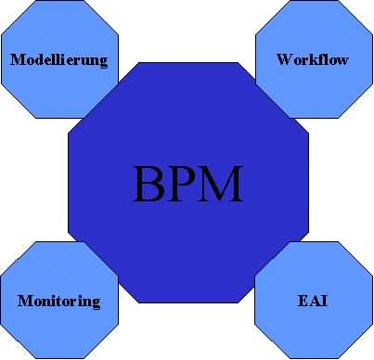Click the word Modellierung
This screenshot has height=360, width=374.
tap(58, 61)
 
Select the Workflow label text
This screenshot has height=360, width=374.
tap(313, 60)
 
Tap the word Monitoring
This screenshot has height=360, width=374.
tap(58, 302)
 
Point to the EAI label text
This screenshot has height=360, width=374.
tap(313, 302)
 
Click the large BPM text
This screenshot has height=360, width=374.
tap(187, 184)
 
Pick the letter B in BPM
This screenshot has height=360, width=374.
tap(149, 184)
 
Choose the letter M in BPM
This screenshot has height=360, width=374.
tap(222, 184)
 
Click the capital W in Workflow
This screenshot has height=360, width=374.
tap(284, 60)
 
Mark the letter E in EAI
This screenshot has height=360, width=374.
tap(303, 302)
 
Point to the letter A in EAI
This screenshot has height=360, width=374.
tap(313, 302)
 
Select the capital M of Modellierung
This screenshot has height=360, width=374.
tap(16, 61)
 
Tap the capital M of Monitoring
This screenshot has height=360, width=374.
tap(24, 302)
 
